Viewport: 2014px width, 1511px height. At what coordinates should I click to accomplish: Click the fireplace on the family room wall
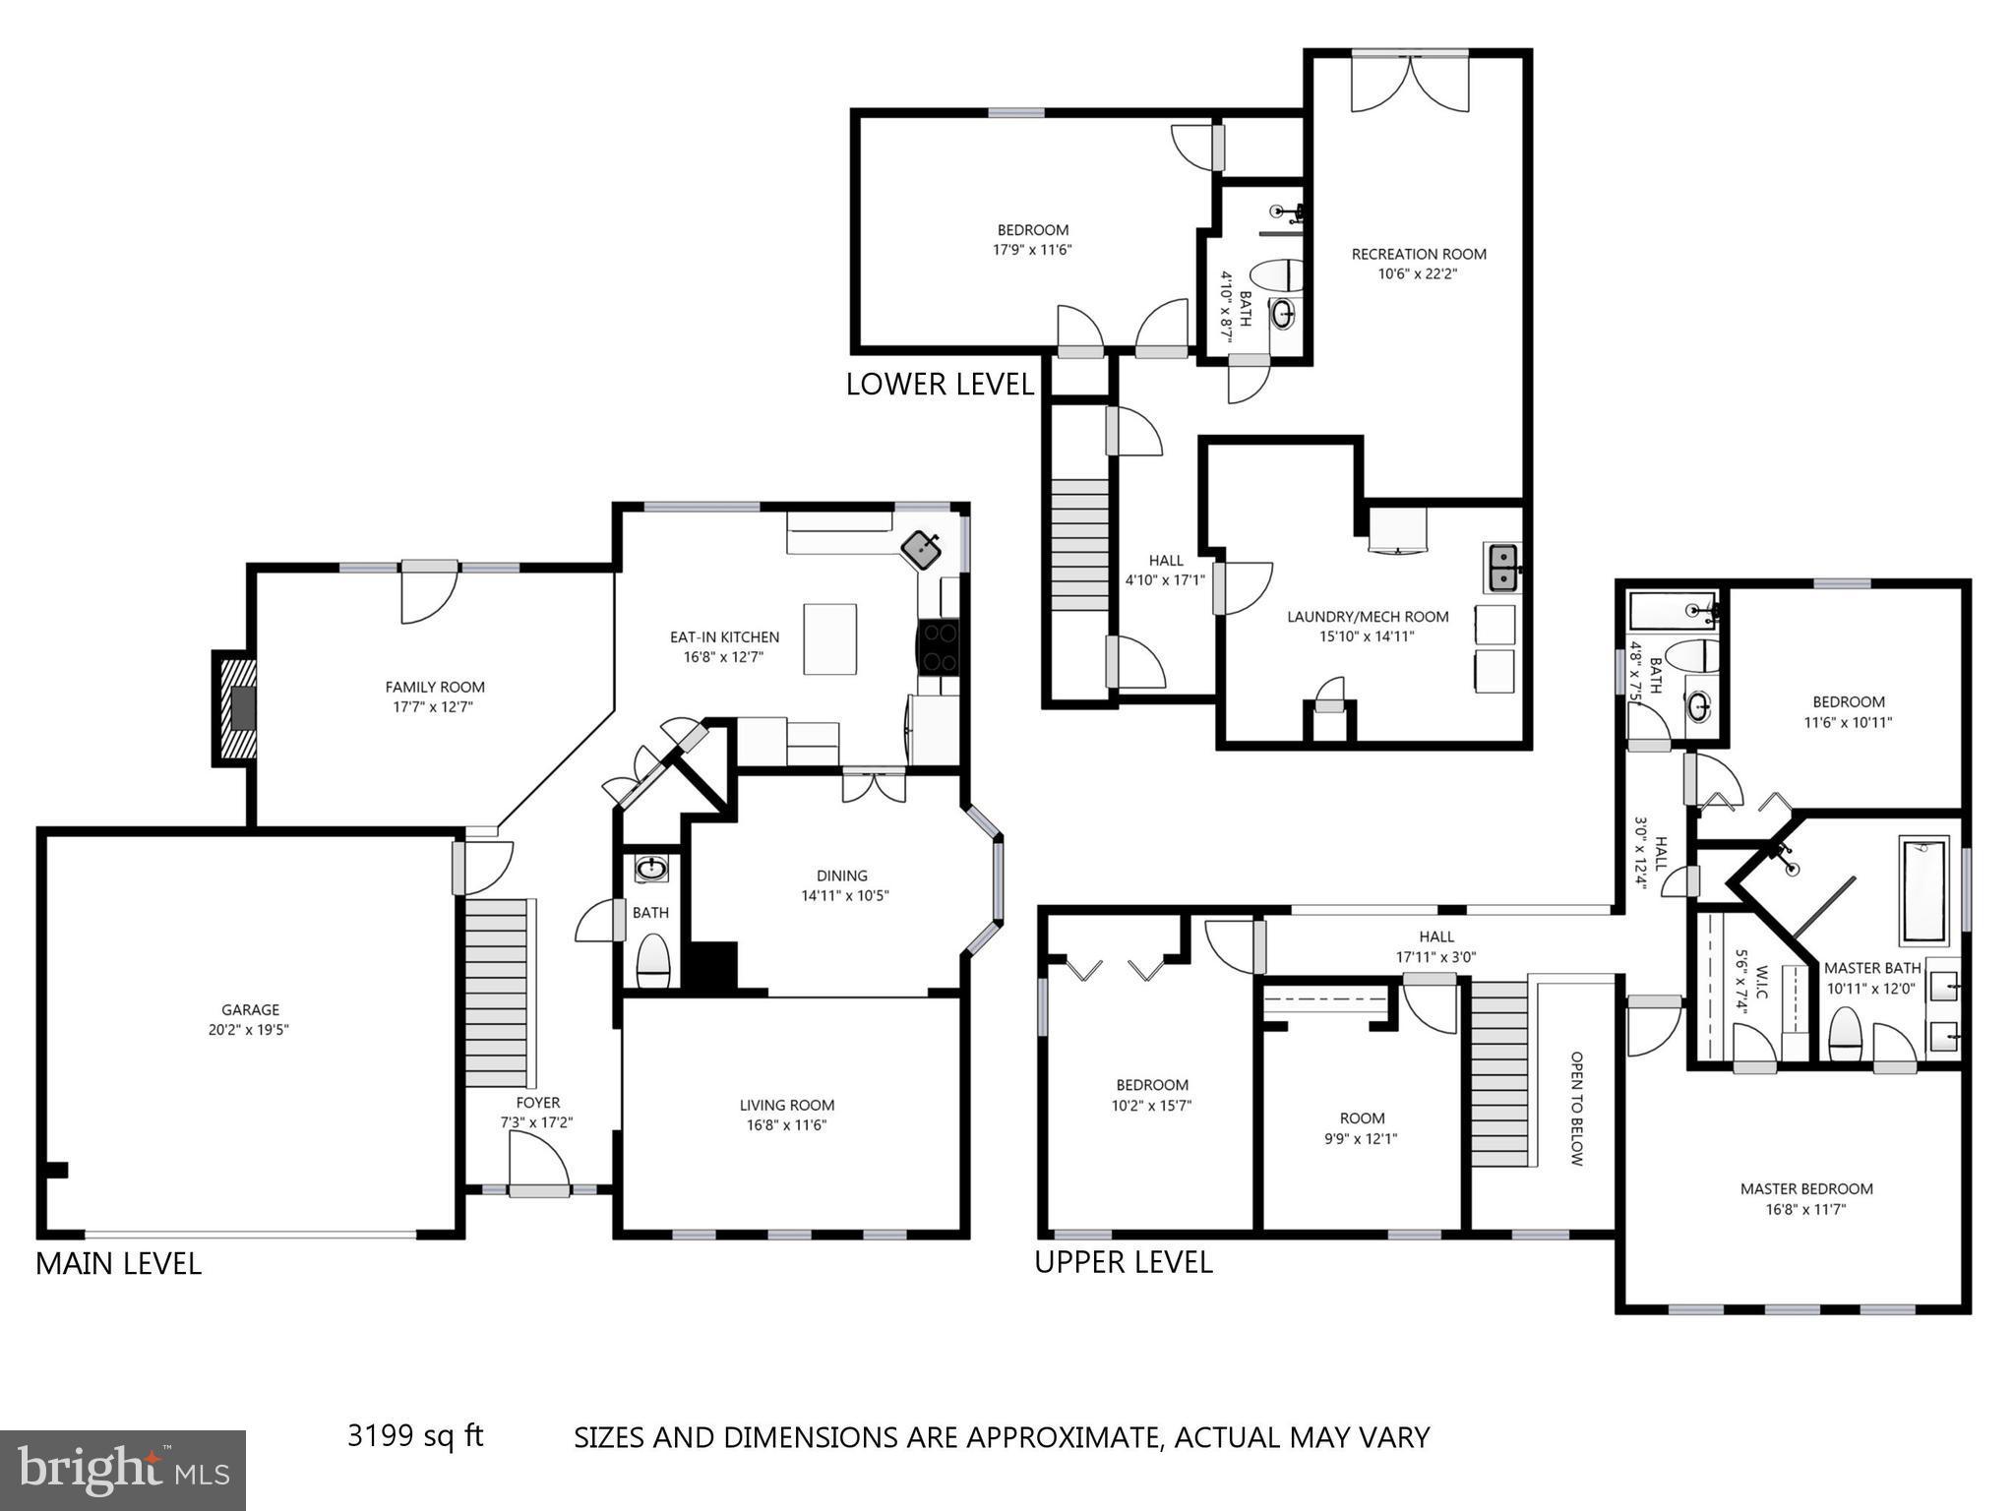point(236,707)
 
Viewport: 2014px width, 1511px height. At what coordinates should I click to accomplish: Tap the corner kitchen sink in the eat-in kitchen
point(922,549)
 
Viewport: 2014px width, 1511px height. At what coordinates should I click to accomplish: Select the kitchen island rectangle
point(829,638)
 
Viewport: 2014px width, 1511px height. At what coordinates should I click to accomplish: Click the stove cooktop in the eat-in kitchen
point(939,646)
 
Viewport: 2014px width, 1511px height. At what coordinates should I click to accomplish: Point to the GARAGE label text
point(250,1009)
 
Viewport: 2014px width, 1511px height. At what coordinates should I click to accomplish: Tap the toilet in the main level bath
point(653,959)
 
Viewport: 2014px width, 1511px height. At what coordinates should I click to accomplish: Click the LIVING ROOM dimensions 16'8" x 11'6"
point(786,1125)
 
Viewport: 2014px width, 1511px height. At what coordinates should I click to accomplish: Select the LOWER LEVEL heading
point(940,384)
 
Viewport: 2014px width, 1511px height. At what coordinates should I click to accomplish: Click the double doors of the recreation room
point(1409,83)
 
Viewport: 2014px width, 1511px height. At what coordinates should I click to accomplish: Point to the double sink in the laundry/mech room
point(1501,568)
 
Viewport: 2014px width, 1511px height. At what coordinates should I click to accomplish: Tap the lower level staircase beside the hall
point(1079,545)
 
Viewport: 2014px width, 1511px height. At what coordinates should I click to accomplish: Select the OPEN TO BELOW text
point(1576,1109)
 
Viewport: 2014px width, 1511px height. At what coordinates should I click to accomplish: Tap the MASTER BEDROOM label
point(1805,1188)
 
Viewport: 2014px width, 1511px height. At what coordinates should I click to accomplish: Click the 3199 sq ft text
point(415,1435)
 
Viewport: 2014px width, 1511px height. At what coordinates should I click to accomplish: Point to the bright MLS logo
point(122,1470)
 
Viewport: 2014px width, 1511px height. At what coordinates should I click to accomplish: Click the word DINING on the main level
point(841,876)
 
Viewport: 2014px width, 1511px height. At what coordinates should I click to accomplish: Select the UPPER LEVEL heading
point(1123,1262)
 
